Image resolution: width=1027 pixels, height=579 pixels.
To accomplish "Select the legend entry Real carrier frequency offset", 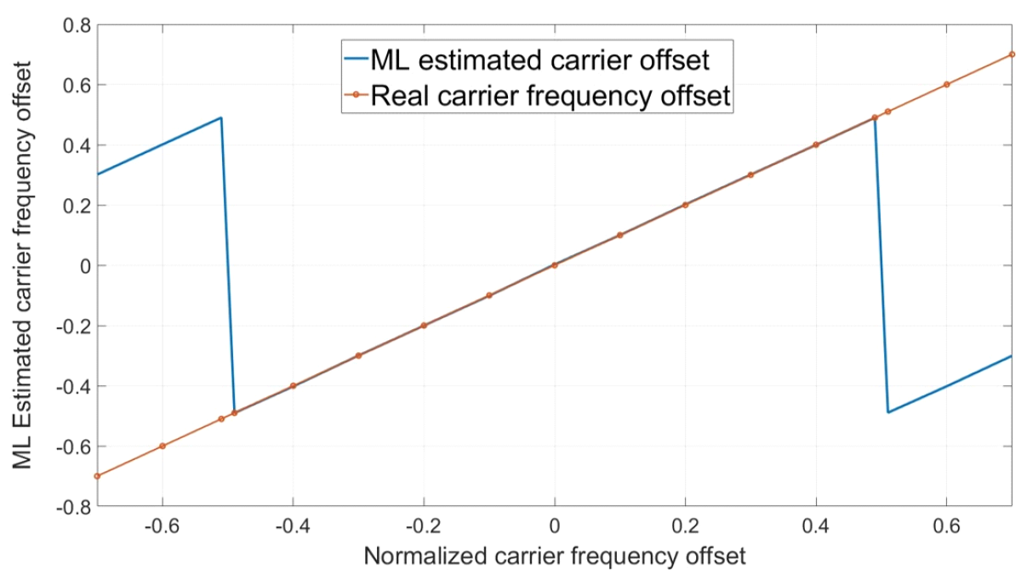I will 550,96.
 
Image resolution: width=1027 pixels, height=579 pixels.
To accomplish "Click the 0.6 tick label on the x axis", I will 946,527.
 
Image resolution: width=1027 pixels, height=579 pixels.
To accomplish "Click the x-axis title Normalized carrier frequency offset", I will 554,557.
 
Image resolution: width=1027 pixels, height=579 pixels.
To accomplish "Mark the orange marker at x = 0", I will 554,265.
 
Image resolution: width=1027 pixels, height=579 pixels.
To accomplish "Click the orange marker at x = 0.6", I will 946,84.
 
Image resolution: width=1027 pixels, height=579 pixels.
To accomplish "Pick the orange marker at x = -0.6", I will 163,446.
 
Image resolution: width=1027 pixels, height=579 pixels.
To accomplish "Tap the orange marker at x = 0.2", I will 685,205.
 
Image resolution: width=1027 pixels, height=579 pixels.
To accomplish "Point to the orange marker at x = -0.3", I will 358,355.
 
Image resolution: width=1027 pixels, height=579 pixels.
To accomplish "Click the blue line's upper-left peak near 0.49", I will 221,117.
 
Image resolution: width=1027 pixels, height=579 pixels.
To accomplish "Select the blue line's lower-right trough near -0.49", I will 888,412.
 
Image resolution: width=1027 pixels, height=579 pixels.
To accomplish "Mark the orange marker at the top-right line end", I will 1012,54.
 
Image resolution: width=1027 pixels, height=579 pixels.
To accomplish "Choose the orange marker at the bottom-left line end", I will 97,476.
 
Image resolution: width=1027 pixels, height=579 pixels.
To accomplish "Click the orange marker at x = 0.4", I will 816,145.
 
